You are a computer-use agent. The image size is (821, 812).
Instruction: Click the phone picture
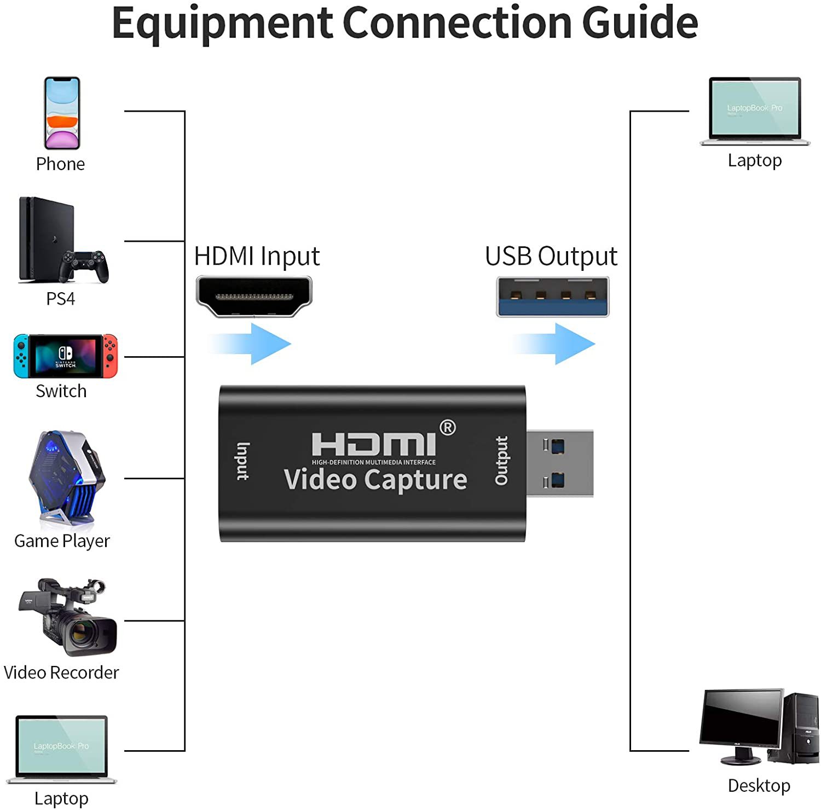point(62,113)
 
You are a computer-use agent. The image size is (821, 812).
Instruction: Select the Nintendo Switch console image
point(66,356)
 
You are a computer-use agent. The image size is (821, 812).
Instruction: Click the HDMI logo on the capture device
point(374,444)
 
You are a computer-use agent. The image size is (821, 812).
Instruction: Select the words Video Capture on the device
point(375,480)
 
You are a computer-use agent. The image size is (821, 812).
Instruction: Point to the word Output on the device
point(501,461)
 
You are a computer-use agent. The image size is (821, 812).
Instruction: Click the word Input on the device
point(242,461)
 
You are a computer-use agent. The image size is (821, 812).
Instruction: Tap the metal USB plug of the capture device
point(560,463)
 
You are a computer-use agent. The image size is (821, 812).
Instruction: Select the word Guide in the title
point(640,23)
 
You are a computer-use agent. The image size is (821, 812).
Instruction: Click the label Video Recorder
point(61,672)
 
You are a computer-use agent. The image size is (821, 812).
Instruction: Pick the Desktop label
point(759,786)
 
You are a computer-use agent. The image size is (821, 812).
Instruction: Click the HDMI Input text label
point(257,256)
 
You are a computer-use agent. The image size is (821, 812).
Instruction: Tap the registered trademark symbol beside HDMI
point(448,427)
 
